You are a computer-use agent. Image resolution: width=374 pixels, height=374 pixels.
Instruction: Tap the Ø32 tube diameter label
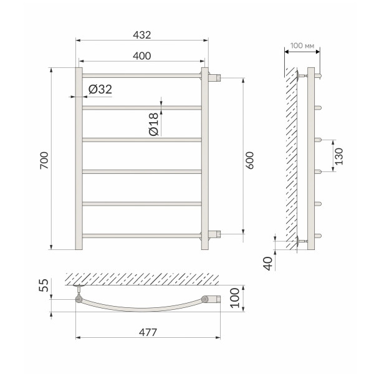[x=100, y=90]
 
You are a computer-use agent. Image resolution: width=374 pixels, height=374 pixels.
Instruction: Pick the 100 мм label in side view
[x=303, y=47]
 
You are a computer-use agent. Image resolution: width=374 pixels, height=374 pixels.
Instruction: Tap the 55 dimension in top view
[x=43, y=287]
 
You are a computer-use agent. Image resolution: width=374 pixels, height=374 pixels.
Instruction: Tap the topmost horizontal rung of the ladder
[x=140, y=75]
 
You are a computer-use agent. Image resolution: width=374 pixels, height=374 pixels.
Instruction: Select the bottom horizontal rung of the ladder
[x=140, y=236]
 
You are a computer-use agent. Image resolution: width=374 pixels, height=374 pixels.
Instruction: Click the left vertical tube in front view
[x=79, y=159]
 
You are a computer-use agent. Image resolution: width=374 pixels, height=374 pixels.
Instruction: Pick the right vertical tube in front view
[x=203, y=159]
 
